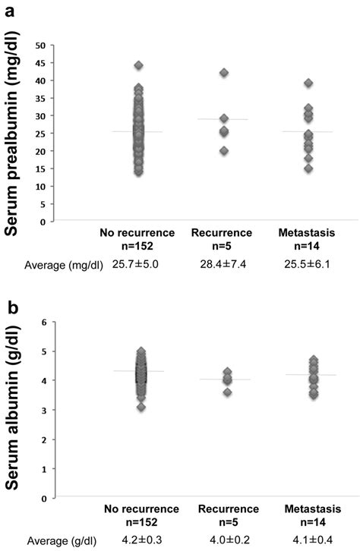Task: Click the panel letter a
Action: (11, 11)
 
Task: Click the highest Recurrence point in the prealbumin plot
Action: (224, 73)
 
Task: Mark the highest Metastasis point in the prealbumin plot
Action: (308, 83)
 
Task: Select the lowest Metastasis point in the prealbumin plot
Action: (308, 168)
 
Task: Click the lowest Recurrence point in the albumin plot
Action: (224, 392)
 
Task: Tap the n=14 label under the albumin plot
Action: (308, 523)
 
